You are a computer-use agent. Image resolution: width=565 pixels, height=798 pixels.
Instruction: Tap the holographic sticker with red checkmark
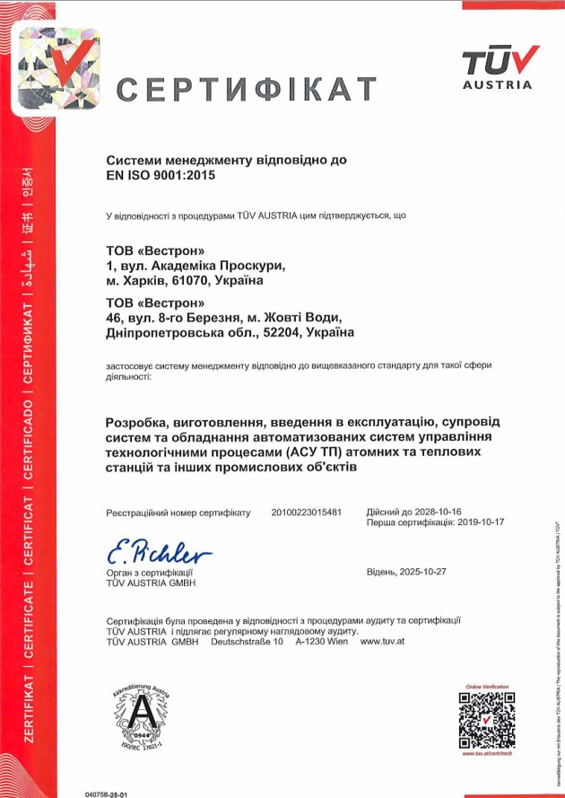coord(59,68)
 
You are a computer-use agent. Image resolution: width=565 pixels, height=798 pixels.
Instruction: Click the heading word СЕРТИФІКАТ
coord(247,90)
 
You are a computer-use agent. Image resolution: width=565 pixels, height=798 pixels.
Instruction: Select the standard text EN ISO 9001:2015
coord(161,175)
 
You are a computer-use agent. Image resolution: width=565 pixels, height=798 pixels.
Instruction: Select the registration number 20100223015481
coord(306,512)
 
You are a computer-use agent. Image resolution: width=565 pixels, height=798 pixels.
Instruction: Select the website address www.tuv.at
coord(382,641)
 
